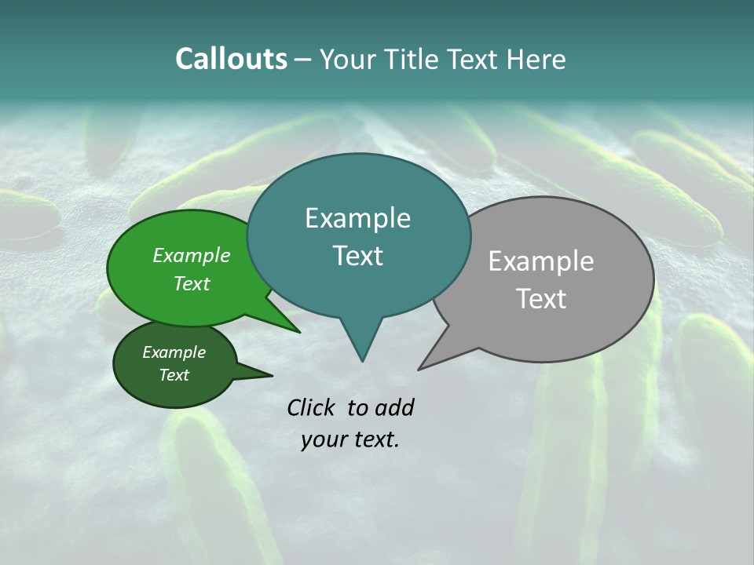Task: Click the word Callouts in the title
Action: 231,59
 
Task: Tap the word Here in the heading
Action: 537,59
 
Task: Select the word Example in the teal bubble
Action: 357,218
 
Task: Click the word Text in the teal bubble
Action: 357,255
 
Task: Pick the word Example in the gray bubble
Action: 541,261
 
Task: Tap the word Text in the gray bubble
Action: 541,299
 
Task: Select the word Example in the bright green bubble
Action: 192,255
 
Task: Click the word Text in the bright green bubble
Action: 192,283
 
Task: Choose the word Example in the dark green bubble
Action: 174,352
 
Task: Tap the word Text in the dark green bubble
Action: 174,375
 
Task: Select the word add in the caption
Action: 394,407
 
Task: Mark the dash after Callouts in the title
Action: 304,60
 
